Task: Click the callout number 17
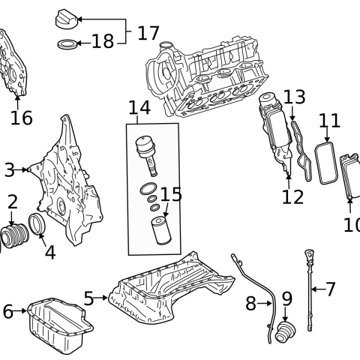[148, 33]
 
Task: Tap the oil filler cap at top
[68, 18]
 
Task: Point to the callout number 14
[139, 108]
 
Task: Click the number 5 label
[88, 298]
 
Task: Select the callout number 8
[251, 303]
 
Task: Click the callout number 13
[295, 97]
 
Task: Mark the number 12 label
[292, 196]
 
